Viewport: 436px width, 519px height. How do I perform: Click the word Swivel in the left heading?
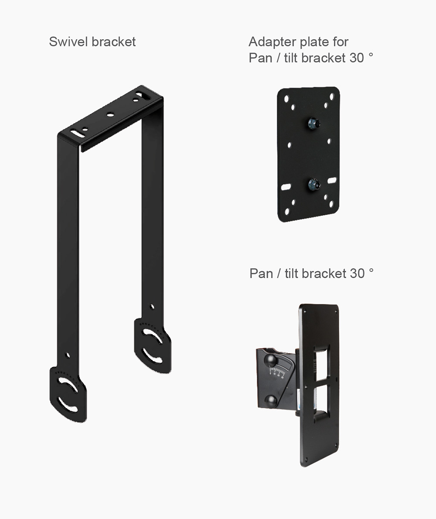coord(68,42)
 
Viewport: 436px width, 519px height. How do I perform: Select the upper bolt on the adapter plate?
coord(314,124)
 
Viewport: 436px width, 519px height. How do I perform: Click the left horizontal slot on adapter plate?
coord(286,187)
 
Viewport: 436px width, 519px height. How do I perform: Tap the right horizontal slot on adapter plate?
coord(332,181)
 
